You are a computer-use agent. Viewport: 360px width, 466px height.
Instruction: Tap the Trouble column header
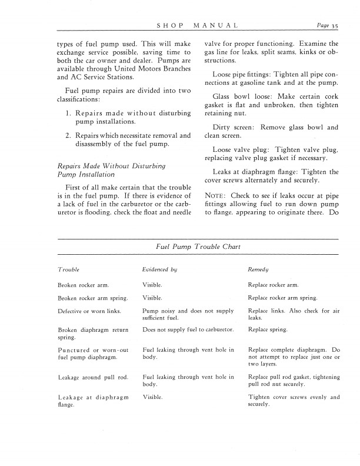[69, 269]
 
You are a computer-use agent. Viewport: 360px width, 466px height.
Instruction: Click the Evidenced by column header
[160, 269]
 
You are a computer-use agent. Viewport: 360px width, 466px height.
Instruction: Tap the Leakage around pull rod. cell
[89, 376]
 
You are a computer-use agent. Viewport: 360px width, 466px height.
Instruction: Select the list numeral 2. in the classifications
[69, 136]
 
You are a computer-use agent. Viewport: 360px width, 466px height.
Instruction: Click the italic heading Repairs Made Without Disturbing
[111, 165]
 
